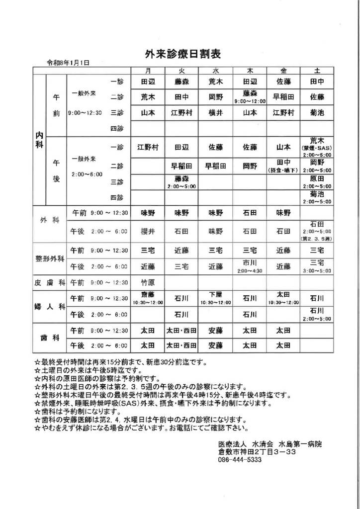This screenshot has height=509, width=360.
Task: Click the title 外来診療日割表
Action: point(182,53)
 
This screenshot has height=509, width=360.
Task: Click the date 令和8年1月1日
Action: point(68,63)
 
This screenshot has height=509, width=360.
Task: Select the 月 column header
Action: point(148,71)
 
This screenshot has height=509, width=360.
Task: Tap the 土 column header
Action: point(317,71)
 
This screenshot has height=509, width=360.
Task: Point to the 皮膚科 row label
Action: point(50,282)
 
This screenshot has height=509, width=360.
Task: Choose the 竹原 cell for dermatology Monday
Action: point(148,282)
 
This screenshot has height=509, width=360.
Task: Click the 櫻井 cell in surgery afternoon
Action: point(148,231)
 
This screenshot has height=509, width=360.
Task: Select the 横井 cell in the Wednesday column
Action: point(216,113)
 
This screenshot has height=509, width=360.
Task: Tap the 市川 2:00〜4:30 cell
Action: point(250,266)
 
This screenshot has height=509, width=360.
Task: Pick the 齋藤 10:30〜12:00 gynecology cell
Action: point(148,298)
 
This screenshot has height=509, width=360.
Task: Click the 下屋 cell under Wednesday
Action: point(216,298)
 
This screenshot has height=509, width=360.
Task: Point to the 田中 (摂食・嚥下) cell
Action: point(283,166)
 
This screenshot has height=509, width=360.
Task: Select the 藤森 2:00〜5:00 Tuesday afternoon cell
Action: point(181,181)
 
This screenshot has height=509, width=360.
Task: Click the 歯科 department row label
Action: point(50,338)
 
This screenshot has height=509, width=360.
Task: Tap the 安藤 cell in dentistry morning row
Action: point(216,330)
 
